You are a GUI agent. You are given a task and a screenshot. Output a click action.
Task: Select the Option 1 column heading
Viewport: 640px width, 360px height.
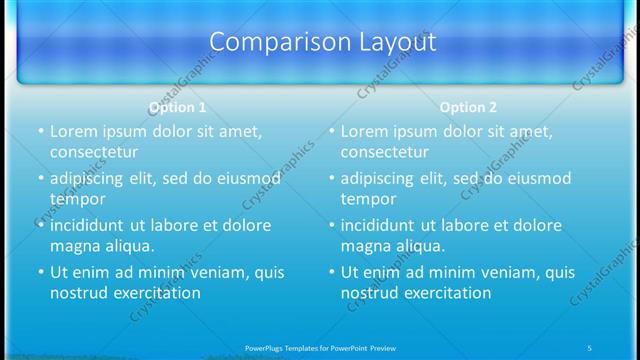177,107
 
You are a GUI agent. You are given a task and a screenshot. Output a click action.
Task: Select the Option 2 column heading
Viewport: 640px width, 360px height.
468,107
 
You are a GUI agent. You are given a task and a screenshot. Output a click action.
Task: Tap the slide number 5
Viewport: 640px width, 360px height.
590,347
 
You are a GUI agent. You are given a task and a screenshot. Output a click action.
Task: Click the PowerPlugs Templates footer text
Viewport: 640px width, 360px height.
320,347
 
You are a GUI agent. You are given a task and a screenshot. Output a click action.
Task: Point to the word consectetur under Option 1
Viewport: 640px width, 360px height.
94,153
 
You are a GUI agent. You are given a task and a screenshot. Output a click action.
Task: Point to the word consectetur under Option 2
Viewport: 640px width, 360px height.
385,153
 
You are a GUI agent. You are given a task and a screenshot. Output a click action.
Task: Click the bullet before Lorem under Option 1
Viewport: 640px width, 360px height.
40,131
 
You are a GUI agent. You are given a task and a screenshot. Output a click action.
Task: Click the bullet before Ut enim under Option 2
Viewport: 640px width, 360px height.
331,272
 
